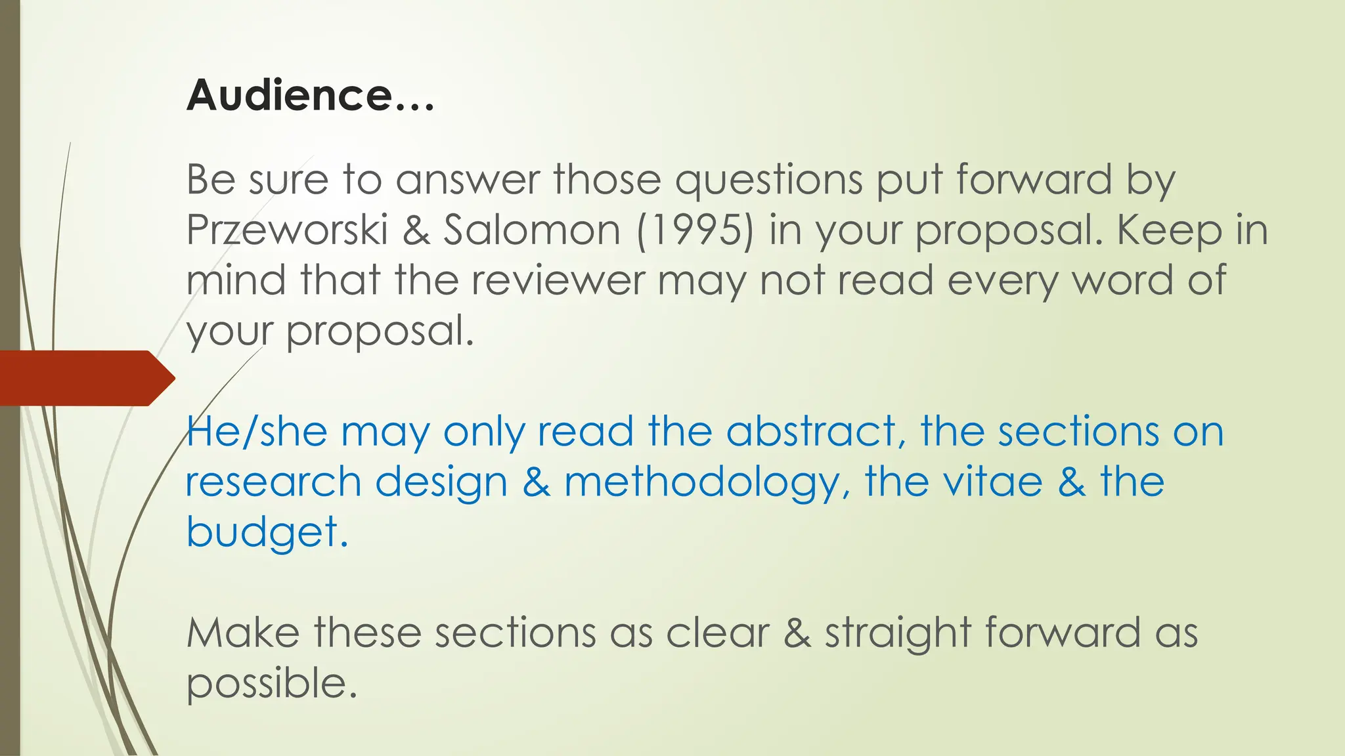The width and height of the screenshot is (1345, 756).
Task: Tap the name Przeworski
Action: point(287,230)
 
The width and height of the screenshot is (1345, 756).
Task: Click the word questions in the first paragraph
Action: point(768,180)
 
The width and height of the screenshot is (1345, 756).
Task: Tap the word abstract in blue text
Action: point(811,432)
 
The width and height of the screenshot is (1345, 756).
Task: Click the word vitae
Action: point(993,482)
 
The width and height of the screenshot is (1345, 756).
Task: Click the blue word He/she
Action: point(257,432)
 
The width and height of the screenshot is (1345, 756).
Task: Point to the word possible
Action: point(271,684)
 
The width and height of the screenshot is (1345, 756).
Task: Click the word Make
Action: point(243,634)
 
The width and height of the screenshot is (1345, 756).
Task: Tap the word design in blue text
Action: point(441,483)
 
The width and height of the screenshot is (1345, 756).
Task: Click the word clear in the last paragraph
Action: point(718,634)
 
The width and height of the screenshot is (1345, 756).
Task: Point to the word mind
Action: point(236,281)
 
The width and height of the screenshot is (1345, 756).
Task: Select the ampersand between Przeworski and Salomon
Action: point(416,231)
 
